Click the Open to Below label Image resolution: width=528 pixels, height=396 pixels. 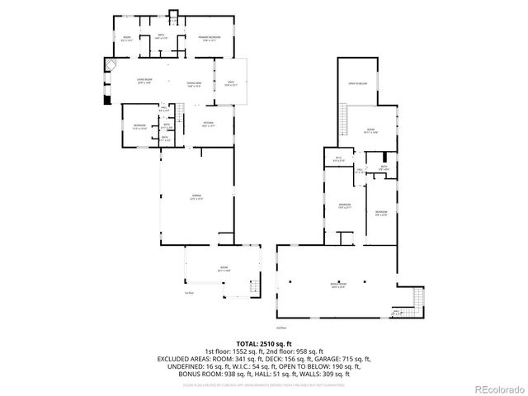[357, 84]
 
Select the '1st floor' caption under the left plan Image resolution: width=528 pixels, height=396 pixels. [189, 292]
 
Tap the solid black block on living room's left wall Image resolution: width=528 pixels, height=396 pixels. [106, 100]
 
